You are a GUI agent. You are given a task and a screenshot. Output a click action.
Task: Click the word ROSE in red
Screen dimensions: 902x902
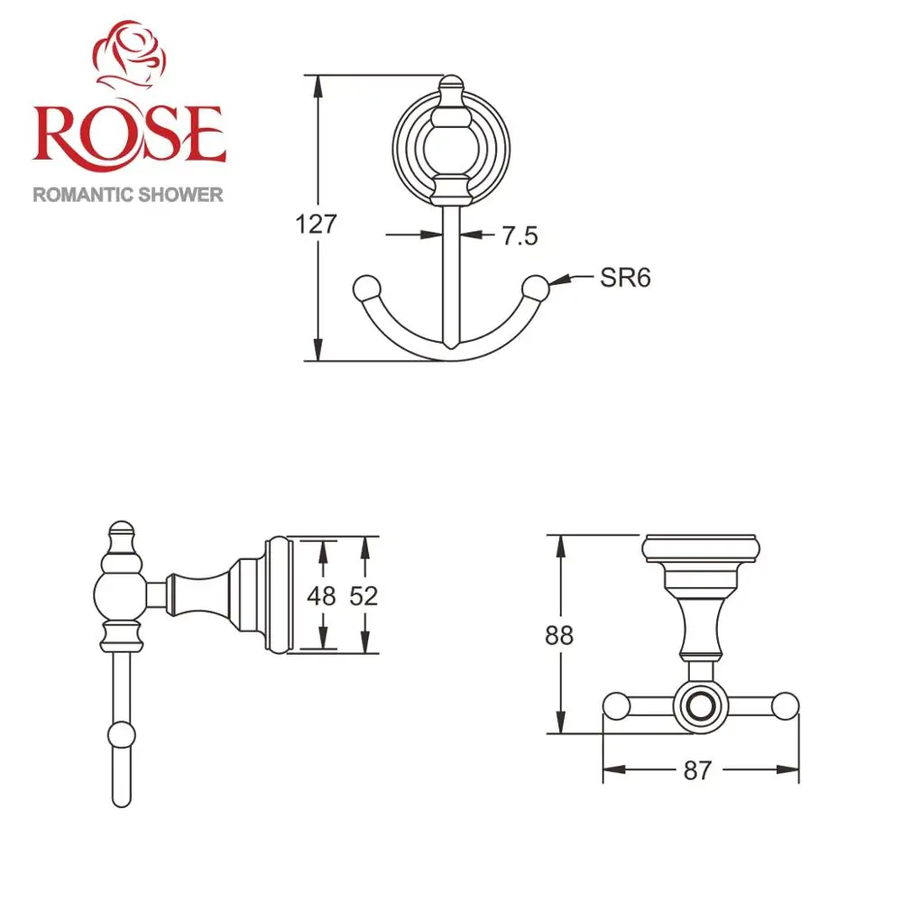(x=128, y=133)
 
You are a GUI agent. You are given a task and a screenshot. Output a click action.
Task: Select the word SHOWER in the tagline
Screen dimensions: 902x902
(x=180, y=195)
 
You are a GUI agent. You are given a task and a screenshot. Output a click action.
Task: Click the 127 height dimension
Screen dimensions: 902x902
(x=316, y=224)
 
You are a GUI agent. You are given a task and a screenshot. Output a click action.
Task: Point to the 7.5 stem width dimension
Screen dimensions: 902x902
(x=520, y=236)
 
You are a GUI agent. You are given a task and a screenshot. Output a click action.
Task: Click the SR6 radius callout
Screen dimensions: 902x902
(x=625, y=278)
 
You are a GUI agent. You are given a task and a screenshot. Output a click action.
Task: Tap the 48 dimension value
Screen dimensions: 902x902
(x=321, y=596)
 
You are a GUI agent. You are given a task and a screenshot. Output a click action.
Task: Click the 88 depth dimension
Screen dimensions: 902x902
(x=559, y=635)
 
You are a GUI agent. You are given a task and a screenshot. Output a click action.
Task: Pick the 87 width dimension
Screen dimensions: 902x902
(x=698, y=770)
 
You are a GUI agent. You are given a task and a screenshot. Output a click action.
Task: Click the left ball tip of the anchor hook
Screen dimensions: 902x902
(x=365, y=288)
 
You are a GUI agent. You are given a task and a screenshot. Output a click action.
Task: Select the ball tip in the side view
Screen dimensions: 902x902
(x=120, y=735)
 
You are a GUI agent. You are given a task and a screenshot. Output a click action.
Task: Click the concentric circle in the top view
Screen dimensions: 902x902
(x=700, y=706)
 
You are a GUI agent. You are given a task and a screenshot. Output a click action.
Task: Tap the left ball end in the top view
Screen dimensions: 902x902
(x=616, y=706)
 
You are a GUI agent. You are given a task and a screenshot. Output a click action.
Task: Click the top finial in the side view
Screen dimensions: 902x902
(x=120, y=534)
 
